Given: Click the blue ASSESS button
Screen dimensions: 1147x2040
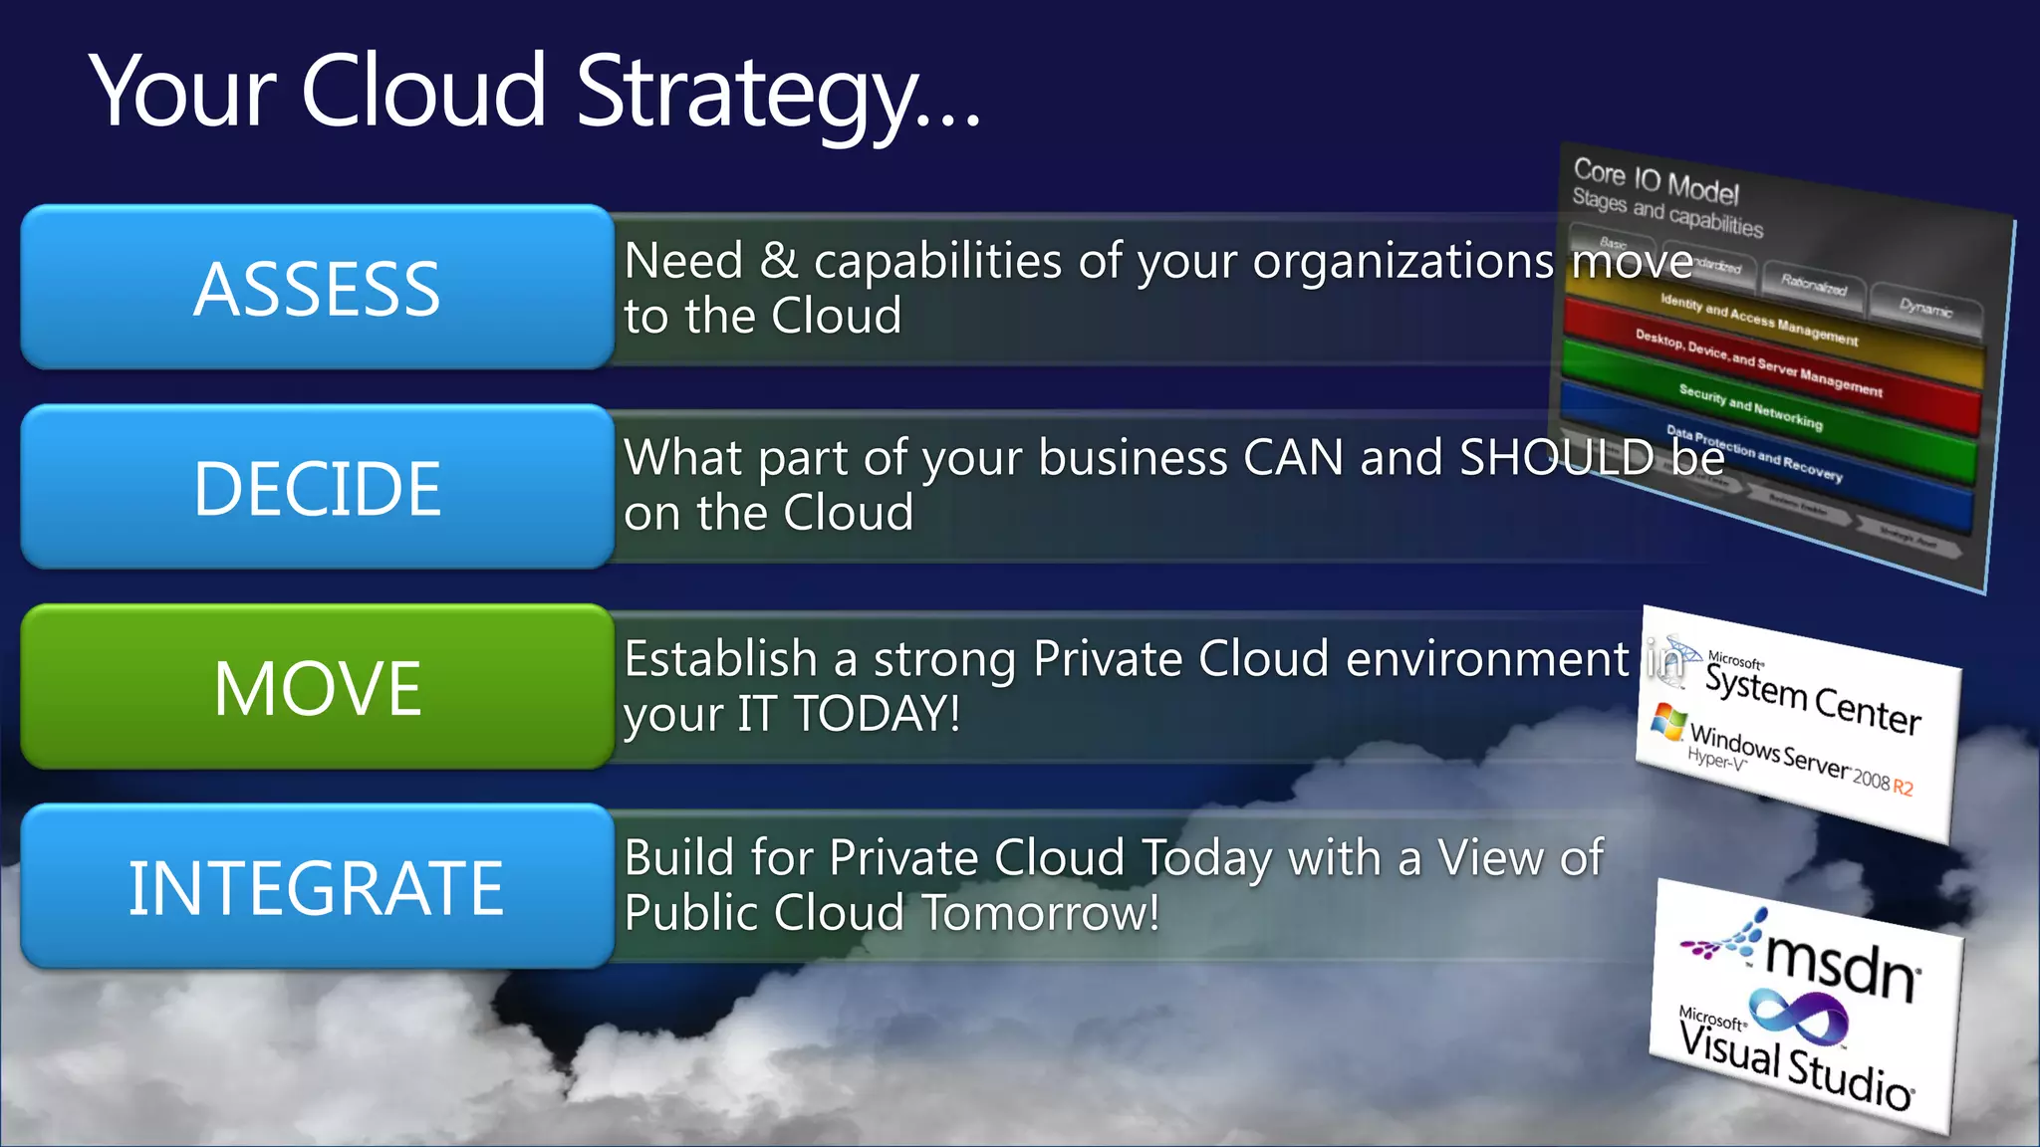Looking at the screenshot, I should [317, 288].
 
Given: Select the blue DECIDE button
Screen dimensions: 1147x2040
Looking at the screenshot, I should [317, 487].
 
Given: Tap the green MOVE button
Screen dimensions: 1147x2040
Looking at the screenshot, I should [317, 687].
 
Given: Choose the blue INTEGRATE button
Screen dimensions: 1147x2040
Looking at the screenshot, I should [317, 887].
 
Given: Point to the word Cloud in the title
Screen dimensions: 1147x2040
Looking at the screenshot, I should [422, 91].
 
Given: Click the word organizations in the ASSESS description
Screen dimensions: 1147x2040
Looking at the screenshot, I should [1402, 262].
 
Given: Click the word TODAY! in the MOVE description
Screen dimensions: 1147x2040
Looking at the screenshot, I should [877, 714].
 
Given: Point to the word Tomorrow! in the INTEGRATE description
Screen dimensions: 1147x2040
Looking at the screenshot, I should [1040, 913].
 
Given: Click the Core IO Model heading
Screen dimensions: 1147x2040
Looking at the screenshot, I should [1656, 180].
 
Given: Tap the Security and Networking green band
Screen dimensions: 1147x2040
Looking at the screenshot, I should [1750, 407].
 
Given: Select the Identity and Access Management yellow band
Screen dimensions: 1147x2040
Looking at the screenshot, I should [1758, 319].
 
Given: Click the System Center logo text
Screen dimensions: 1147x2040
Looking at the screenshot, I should [1812, 699].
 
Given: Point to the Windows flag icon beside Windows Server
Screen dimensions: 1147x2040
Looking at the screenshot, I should [1668, 721].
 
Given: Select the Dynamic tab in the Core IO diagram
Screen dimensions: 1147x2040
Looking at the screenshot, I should [1924, 308].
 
